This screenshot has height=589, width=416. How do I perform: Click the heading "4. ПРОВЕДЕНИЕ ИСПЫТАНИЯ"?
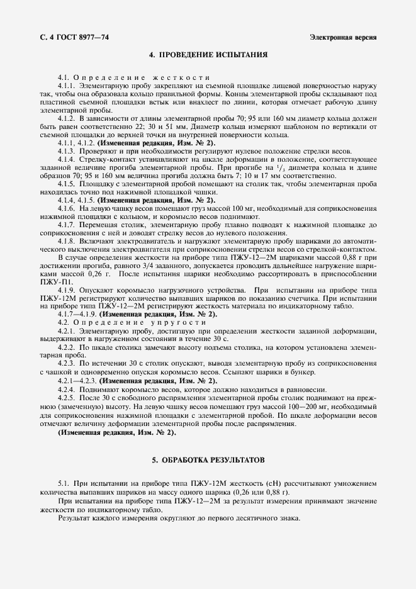pos(208,55)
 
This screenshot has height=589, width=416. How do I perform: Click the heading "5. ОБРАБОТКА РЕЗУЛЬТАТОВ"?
pos(208,460)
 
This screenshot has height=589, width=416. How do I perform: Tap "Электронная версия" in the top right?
pos(344,37)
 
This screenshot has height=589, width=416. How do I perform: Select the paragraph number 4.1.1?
pos(67,84)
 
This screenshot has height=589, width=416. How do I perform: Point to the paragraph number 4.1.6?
pos(67,208)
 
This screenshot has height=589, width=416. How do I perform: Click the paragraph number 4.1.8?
pos(67,240)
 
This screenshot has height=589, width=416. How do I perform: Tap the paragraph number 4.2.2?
pos(67,347)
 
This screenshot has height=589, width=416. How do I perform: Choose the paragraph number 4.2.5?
pos(67,398)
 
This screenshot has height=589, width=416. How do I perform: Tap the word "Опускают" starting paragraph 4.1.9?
pos(97,289)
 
